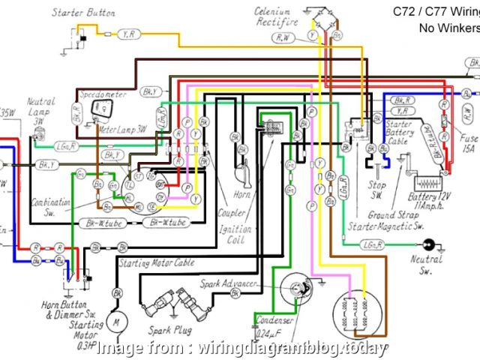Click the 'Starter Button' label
84,13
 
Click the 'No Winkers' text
448,28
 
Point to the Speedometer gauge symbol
100,110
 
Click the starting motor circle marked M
115,322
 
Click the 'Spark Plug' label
170,330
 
